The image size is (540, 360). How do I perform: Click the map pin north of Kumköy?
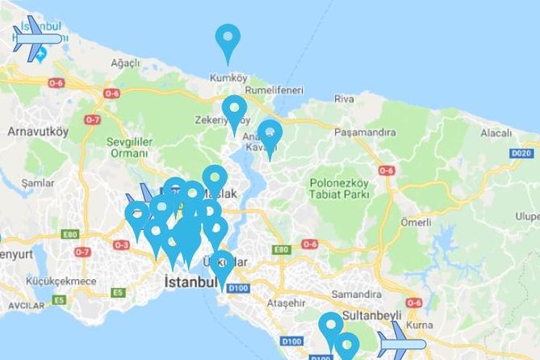click(x=228, y=40)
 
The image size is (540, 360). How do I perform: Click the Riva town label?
click(x=343, y=98)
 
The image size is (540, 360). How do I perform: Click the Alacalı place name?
click(x=496, y=132)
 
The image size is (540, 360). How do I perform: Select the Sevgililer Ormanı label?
click(x=125, y=147)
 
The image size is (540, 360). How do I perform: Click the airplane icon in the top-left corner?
click(x=36, y=38)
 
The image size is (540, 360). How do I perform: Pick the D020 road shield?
click(x=522, y=152)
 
